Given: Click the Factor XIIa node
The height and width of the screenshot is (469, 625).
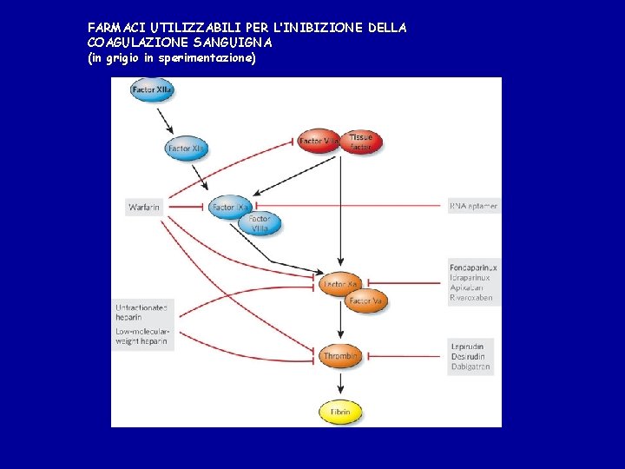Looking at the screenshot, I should [x=152, y=89].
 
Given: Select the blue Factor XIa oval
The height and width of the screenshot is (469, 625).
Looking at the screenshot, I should [x=186, y=149].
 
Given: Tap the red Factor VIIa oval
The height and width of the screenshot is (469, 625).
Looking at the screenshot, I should [x=319, y=141].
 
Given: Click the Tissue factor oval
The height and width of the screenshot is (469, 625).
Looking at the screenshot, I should [x=360, y=142].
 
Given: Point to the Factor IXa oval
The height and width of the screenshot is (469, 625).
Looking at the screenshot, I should [x=231, y=207].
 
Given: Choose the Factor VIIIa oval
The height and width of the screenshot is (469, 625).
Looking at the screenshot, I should [x=260, y=224].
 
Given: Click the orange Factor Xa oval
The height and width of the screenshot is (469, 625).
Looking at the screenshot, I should [x=339, y=284].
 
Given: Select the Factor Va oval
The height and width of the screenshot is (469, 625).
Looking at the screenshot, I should [x=365, y=301].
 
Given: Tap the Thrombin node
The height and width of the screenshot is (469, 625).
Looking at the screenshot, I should [x=340, y=356].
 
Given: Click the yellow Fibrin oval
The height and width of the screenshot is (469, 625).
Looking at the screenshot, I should [x=339, y=411].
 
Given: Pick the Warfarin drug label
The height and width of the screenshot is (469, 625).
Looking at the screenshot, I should [x=144, y=207].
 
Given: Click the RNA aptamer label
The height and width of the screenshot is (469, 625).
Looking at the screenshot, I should [x=473, y=207].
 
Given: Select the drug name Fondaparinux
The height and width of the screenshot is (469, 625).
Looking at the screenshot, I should [x=473, y=268].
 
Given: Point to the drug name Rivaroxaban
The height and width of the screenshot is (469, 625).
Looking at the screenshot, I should [x=471, y=298].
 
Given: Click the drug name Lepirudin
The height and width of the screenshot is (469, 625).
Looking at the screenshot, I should [x=468, y=347].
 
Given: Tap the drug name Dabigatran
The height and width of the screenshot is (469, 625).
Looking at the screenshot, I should [x=470, y=367].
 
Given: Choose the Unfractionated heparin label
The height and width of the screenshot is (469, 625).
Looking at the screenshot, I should [x=142, y=312].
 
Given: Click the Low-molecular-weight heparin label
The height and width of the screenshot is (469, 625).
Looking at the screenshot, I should [x=142, y=336].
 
